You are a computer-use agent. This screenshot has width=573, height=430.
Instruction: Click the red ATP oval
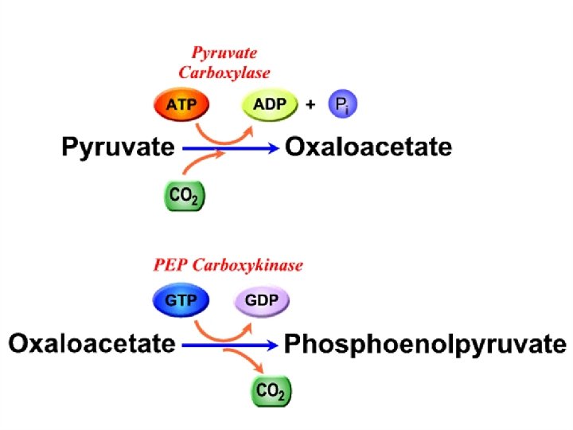pyautogui.click(x=179, y=105)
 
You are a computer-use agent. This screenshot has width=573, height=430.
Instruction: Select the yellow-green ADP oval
pyautogui.click(x=269, y=105)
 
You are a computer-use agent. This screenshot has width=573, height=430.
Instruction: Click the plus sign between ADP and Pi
pyautogui.click(x=312, y=105)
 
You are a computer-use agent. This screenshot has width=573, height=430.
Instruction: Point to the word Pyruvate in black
pyautogui.click(x=119, y=148)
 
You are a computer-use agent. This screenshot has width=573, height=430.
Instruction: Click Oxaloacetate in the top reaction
pyautogui.click(x=368, y=147)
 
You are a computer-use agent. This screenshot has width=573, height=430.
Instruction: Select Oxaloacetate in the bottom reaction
pyautogui.click(x=92, y=344)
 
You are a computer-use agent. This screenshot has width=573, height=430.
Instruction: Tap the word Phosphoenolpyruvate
pyautogui.click(x=425, y=345)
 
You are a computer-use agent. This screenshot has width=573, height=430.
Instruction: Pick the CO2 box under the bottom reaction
pyautogui.click(x=271, y=391)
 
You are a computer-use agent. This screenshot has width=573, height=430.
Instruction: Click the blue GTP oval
pyautogui.click(x=179, y=301)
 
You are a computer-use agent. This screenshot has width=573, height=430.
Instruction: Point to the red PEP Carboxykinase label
pyautogui.click(x=228, y=265)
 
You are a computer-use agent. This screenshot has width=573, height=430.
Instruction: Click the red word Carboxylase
pyautogui.click(x=224, y=72)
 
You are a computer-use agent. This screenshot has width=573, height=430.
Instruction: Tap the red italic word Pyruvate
pyautogui.click(x=224, y=54)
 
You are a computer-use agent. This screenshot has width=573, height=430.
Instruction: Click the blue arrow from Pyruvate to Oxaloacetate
pyautogui.click(x=231, y=148)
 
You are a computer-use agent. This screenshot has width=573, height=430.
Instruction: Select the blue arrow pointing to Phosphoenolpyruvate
pyautogui.click(x=231, y=345)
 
